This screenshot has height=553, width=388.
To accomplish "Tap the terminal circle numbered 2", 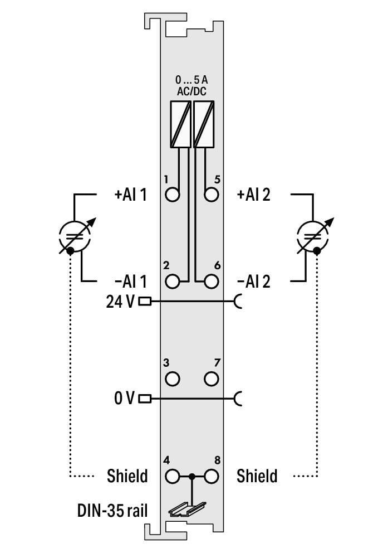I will pyautogui.click(x=173, y=281).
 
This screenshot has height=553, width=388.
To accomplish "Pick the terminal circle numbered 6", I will pyautogui.click(x=211, y=281).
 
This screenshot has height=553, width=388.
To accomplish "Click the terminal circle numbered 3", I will pyautogui.click(x=173, y=379).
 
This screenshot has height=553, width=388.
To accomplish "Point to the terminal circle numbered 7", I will pyautogui.click(x=211, y=379).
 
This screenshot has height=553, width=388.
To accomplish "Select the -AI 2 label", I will pyautogui.click(x=253, y=282).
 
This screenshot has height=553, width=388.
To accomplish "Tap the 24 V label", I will pyautogui.click(x=120, y=302).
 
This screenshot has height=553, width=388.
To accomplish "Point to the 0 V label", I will pyautogui.click(x=125, y=399).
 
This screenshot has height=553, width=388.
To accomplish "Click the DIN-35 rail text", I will pyautogui.click(x=112, y=510).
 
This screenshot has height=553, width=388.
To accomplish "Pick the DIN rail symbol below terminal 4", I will pyautogui.click(x=186, y=508).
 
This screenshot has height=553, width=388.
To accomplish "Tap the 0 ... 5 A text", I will pyautogui.click(x=191, y=80).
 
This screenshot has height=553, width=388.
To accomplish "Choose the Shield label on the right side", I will pyautogui.click(x=257, y=476).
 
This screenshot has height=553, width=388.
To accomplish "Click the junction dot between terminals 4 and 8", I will pyautogui.click(x=192, y=476).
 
